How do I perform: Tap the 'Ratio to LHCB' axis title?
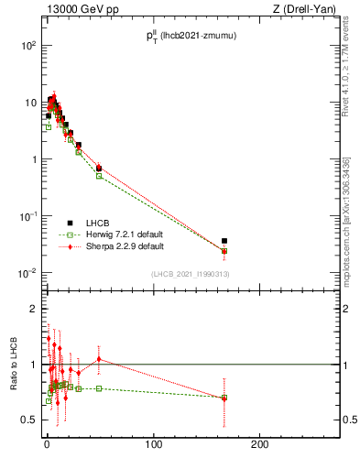15,365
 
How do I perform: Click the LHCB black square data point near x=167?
224,241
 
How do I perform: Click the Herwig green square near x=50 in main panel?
99,175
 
